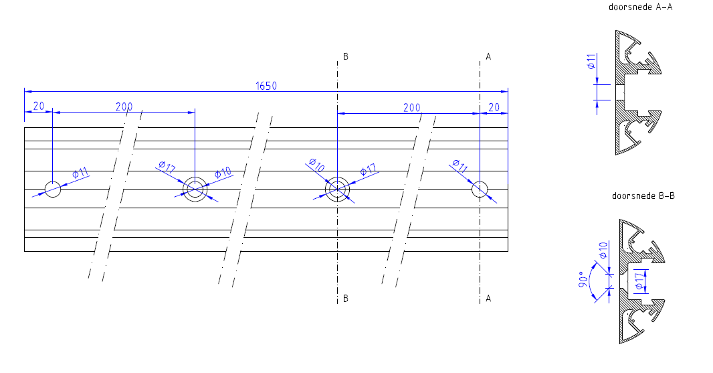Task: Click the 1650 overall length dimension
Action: [x=266, y=86]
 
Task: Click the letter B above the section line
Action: [x=346, y=57]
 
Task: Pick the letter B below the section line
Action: [x=346, y=299]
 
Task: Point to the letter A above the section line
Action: [x=488, y=57]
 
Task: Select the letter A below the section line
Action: [x=488, y=299]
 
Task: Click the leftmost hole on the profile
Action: [x=52, y=190]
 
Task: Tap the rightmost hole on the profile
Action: [x=480, y=190]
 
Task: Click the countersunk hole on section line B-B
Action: [x=337, y=190]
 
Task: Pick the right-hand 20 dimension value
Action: [x=494, y=107]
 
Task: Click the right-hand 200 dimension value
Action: [x=412, y=107]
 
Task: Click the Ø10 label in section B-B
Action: [x=603, y=251]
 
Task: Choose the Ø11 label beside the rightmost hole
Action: [x=460, y=165]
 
